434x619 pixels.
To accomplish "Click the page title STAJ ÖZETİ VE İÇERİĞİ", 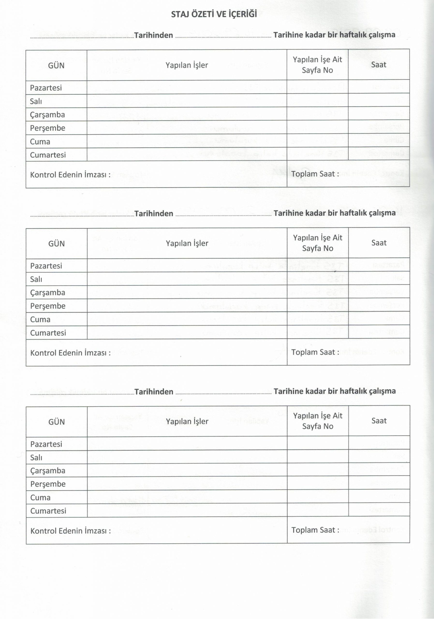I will (x=214, y=14).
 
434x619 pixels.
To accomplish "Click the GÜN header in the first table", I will (x=56, y=66).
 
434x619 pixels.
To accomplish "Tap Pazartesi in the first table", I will (x=46, y=88).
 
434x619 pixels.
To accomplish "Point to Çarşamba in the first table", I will (x=47, y=115).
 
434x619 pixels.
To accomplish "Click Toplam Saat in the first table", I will (x=315, y=174).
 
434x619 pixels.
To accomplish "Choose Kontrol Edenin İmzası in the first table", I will (x=70, y=175).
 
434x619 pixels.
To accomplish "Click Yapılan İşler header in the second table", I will (x=187, y=243).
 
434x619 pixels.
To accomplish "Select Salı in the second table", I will (x=36, y=279).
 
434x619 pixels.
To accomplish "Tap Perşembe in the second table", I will (x=48, y=306).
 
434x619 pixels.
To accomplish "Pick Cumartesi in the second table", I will (x=48, y=333).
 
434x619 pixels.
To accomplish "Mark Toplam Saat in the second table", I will (x=315, y=352).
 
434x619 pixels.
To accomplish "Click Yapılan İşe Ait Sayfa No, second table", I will (x=317, y=243).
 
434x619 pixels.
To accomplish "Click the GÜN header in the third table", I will (x=57, y=422).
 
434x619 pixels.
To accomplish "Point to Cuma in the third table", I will (x=40, y=497).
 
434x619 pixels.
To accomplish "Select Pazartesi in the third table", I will (x=46, y=444).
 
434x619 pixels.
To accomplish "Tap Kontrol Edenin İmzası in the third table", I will (x=70, y=531).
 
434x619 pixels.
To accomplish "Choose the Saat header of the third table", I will (x=379, y=420).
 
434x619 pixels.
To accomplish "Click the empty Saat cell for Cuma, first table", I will (x=379, y=140).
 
